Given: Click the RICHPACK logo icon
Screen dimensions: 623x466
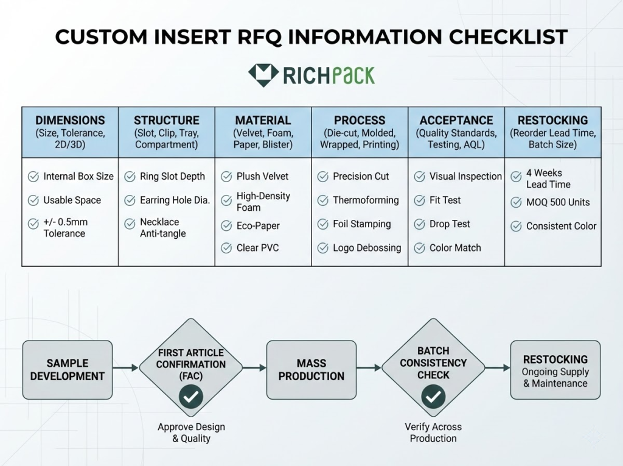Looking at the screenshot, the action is click(263, 75).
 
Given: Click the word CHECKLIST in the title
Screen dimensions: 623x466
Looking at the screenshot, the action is click(508, 37).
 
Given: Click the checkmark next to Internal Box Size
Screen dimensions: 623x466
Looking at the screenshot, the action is click(33, 176).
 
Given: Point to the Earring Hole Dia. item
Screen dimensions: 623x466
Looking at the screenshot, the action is click(175, 200).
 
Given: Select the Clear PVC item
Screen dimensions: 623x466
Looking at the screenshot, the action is click(257, 248).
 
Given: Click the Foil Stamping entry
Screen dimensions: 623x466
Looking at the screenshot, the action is click(361, 224).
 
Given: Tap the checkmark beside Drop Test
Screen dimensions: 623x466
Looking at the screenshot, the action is click(420, 224).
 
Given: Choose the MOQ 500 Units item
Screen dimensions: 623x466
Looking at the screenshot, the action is click(558, 202).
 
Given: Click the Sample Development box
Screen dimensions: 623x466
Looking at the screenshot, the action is click(68, 370).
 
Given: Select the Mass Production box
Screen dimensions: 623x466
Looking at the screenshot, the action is click(311, 370).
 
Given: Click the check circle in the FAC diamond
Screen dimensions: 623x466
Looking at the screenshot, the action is click(191, 397).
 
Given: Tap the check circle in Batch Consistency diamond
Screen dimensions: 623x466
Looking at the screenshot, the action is click(433, 397).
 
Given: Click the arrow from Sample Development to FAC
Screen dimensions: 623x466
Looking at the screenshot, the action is click(125, 368).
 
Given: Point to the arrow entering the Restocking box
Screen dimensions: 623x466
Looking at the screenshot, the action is click(498, 368).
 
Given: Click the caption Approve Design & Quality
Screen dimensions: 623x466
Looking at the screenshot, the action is click(191, 432).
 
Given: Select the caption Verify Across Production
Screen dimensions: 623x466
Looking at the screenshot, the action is click(433, 432).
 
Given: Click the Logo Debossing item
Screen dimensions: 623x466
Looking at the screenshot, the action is click(367, 248).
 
